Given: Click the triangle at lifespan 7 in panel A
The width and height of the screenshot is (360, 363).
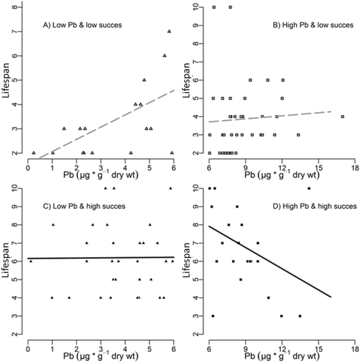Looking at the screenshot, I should click(169, 31).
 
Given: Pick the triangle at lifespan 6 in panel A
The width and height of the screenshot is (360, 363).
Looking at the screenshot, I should click(164, 55).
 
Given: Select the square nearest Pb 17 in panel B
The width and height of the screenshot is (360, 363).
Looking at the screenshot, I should click(342, 116).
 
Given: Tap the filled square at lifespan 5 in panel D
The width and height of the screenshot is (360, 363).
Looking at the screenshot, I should click(241, 279).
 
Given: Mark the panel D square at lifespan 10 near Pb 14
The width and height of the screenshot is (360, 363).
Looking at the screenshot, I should click(309, 188).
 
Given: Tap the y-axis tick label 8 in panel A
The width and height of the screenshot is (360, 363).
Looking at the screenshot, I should click(20, 7).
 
